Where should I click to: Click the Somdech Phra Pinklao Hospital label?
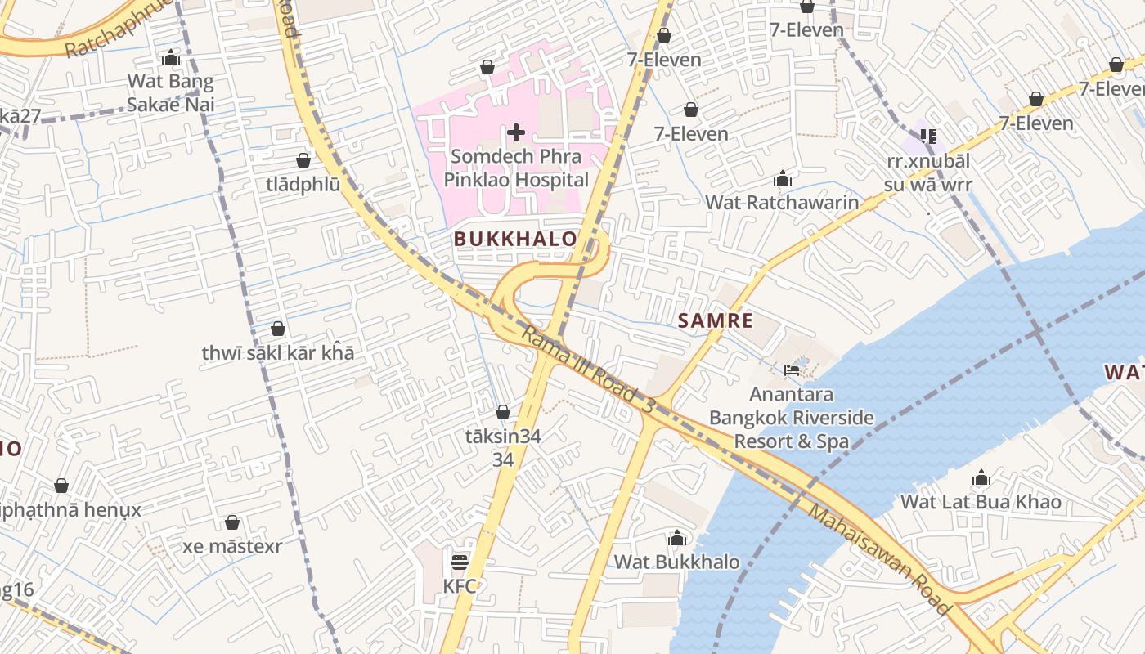tap(516, 168)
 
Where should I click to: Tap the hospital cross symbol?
tap(516, 132)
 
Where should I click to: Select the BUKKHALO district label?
tap(515, 239)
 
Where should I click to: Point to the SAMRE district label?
tap(715, 320)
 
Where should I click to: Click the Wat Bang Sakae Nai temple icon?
tap(171, 58)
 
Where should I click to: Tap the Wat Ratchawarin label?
tap(782, 202)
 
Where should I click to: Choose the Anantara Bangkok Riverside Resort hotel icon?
tap(792, 370)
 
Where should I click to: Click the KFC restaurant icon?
tap(460, 562)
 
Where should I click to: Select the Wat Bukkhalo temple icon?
tap(676, 538)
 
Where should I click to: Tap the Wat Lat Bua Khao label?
tap(981, 501)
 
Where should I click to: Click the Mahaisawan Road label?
tap(879, 560)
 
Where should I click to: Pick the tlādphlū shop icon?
tap(303, 160)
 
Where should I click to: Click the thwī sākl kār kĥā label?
tap(278, 353)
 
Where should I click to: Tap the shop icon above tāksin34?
tap(503, 412)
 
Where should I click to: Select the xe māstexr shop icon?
tap(232, 522)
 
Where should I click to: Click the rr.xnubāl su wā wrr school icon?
tap(928, 137)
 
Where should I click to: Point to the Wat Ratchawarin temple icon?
tap(783, 178)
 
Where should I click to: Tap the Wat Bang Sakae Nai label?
tap(171, 92)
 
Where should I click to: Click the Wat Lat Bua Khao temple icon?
tap(981, 478)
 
